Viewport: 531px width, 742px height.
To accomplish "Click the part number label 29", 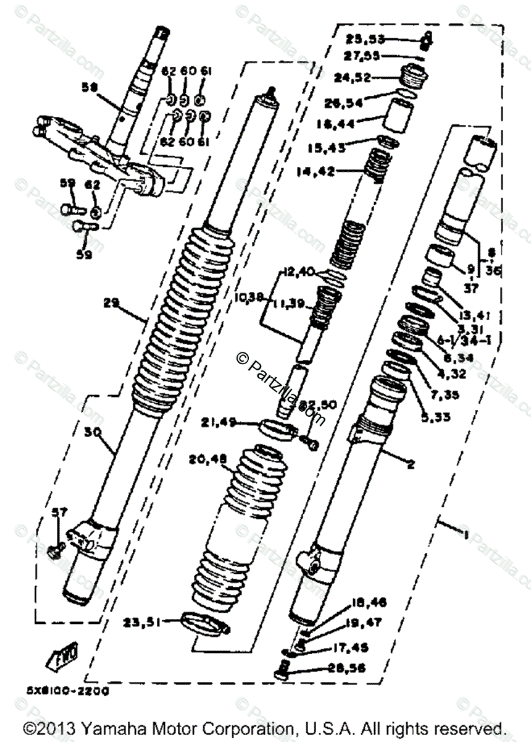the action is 112,304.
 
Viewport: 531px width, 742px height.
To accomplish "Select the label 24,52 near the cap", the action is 351,78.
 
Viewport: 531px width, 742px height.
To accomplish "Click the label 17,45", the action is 346,648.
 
